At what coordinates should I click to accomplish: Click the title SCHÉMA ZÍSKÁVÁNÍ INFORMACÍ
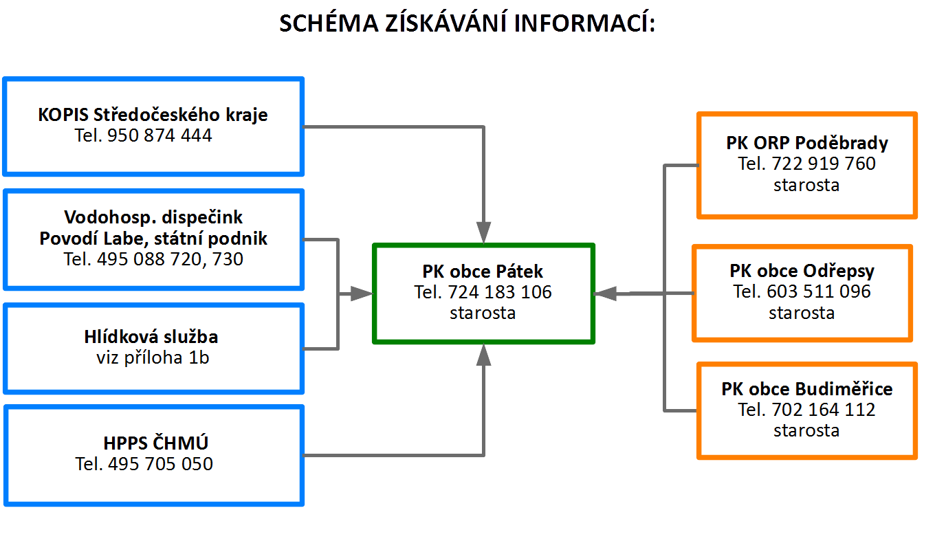pos(467,23)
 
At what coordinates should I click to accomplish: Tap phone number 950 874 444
pos(159,135)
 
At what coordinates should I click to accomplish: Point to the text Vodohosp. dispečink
pos(153,217)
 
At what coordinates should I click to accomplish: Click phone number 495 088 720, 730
pos(170,259)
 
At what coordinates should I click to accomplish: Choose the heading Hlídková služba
pos(151,337)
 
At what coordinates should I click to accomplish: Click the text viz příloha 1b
pos(153,357)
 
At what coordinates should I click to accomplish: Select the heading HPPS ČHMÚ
pos(155,443)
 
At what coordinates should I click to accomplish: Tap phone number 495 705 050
pos(160,464)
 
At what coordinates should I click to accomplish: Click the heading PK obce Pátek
pos(483,272)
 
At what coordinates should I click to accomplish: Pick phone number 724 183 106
pos(500,292)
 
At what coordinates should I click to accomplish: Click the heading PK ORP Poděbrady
pos(807,143)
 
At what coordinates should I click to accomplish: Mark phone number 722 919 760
pos(824,164)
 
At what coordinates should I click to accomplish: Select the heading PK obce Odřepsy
pos(802,272)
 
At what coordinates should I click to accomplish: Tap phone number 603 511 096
pos(819,291)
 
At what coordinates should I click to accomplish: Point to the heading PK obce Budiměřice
pos(807,389)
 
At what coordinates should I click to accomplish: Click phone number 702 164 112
pos(824,410)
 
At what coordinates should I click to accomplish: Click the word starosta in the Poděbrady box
pos(806,185)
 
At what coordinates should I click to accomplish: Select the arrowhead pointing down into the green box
pos(483,232)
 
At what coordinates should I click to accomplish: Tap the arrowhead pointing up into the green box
pos(483,355)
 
